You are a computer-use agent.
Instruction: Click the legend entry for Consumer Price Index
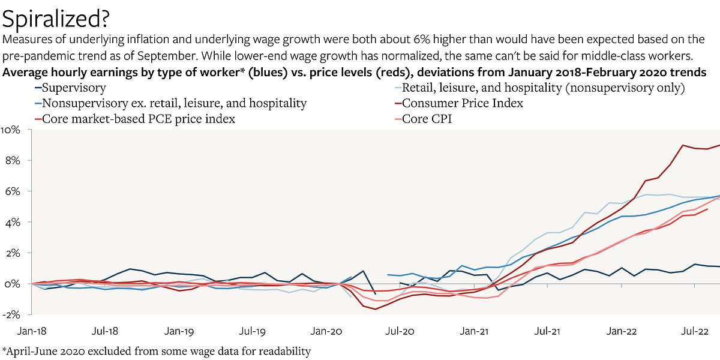[462, 103]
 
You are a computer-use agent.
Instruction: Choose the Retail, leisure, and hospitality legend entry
[543, 88]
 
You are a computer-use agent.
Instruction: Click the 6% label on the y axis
[13, 191]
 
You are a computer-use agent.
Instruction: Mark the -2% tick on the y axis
[12, 314]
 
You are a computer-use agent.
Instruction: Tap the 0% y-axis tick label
[13, 284]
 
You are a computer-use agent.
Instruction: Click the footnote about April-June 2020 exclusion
[157, 351]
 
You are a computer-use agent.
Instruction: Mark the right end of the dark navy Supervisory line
[719, 266]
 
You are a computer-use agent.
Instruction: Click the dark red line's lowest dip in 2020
[376, 309]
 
